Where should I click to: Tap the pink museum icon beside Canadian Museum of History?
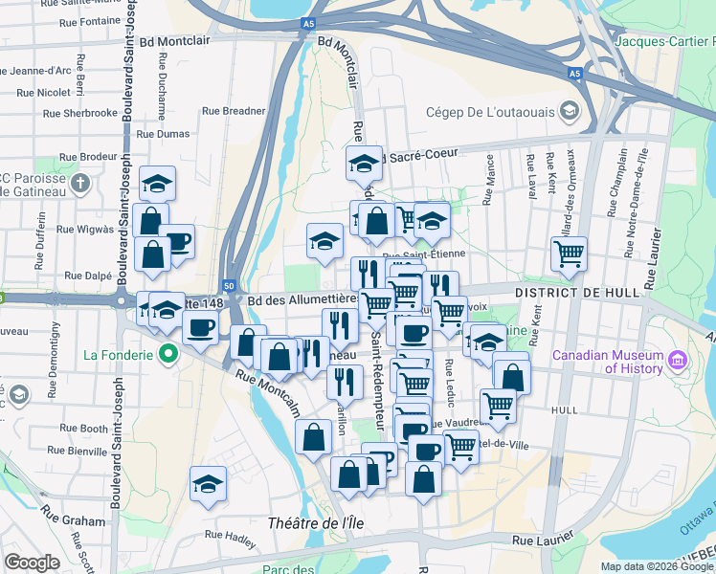point(678,361)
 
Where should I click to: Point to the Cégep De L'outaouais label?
point(490,112)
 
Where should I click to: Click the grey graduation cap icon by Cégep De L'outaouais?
point(570,112)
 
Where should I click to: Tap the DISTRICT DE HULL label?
point(568,292)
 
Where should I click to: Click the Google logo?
point(32,563)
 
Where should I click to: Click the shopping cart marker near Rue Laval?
point(569,254)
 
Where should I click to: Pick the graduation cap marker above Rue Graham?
point(207,483)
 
